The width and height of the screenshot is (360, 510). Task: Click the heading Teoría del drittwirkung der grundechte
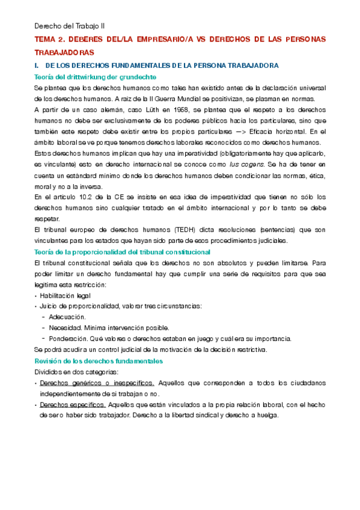96,77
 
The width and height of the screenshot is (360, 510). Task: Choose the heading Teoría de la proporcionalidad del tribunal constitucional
132,251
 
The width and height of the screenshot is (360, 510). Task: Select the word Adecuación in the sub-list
67,316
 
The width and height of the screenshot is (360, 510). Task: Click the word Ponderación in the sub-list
68,338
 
